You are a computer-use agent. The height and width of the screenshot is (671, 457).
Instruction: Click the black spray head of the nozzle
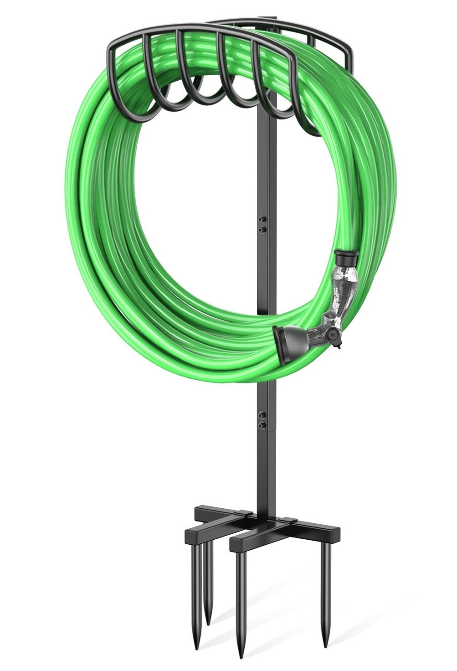(283, 339)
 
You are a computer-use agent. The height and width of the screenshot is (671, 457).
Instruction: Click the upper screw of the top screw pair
(261, 218)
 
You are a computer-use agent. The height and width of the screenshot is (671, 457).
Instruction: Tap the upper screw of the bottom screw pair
(261, 416)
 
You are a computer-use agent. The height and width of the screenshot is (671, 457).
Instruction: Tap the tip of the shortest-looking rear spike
(209, 623)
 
